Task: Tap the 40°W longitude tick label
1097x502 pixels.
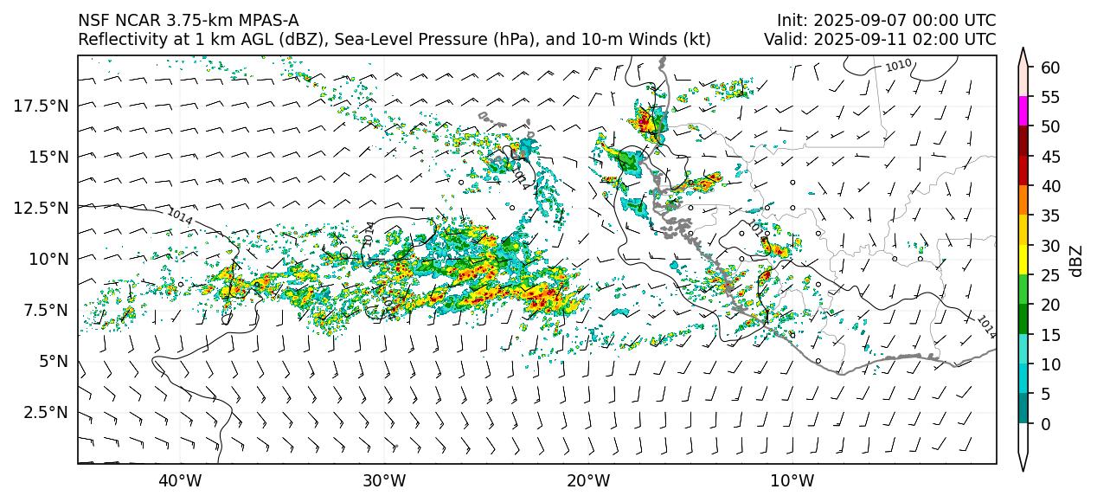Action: click(180, 481)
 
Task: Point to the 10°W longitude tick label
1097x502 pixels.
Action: click(792, 481)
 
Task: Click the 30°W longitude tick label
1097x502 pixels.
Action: click(384, 481)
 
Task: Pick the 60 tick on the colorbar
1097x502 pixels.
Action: click(1050, 68)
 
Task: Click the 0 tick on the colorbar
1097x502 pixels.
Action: click(1046, 424)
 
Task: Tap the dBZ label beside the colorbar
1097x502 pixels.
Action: click(1076, 260)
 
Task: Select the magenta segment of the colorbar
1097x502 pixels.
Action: click(1023, 112)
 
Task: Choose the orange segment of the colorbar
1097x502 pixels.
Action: click(1023, 201)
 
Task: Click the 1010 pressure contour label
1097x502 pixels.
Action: click(898, 65)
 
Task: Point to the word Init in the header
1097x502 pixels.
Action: click(790, 20)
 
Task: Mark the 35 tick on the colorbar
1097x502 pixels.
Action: click(1050, 216)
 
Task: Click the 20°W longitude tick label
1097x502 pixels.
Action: click(588, 481)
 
